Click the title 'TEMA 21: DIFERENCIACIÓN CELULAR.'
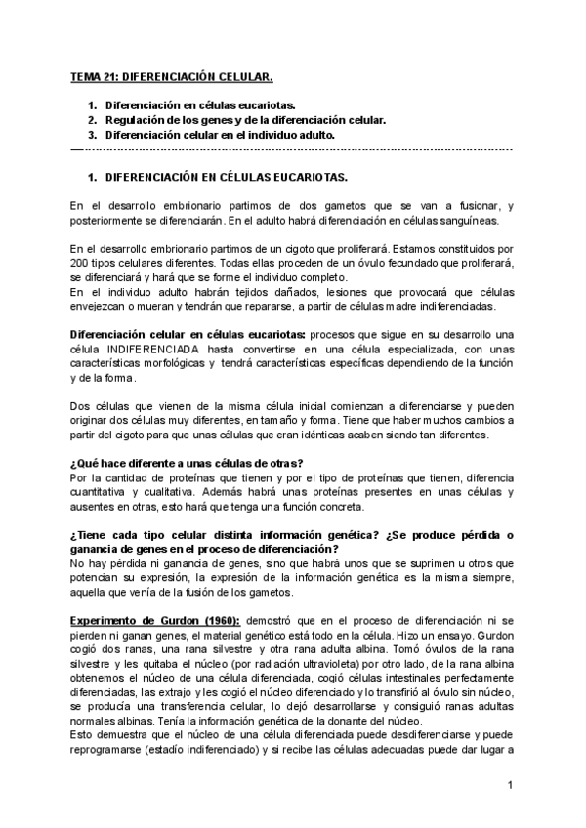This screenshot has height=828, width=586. coord(172,75)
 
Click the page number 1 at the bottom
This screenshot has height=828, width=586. coord(510,786)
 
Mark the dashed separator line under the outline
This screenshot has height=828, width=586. coord(292,149)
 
